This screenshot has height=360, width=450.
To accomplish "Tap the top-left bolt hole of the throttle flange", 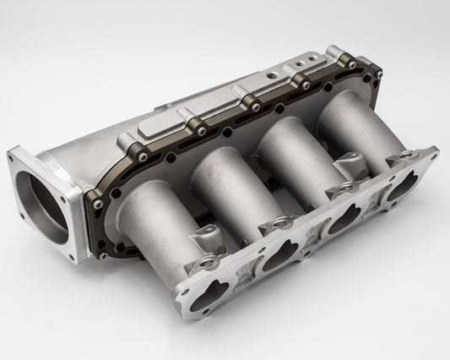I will tap(14, 155).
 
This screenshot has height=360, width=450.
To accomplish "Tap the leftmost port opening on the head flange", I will tap(215, 293).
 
